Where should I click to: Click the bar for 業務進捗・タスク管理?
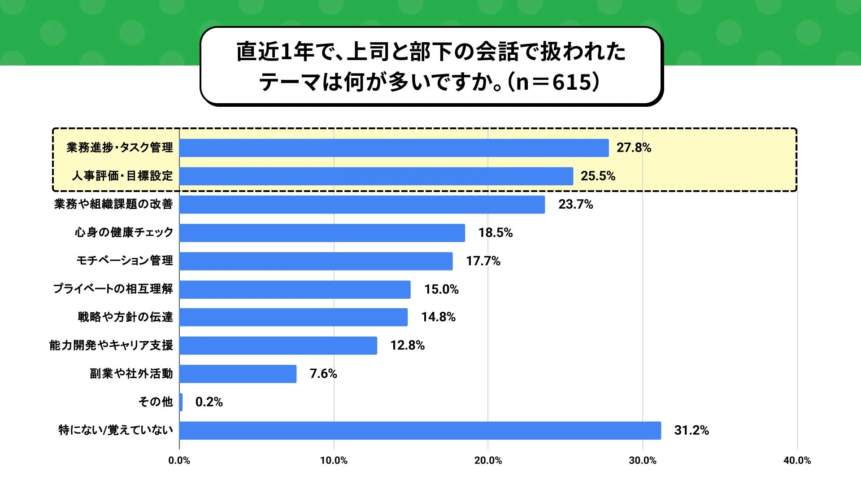pos(394,148)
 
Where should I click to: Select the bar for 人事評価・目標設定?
pos(376,176)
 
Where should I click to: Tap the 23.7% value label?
pos(575,205)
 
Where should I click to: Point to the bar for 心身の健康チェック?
pos(322,233)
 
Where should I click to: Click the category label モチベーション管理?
pos(125,261)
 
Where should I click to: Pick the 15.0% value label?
pos(441,289)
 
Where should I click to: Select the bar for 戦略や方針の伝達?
pos(293,317)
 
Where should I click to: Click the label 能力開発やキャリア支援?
pos(111,345)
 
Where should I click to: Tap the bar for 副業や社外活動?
pos(238,374)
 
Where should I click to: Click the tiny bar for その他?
pos(181,402)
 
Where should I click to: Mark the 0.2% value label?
pos(209,402)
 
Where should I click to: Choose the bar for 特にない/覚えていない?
pos(420,430)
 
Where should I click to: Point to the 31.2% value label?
pos(691,430)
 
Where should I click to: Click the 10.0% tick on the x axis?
pos(334,460)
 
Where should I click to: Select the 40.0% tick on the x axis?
pos(797,460)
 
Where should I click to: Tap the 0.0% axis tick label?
pos(179,460)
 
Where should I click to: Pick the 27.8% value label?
pos(634,148)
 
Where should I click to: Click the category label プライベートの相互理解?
pos(113,289)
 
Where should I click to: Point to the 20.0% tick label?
pos(488,460)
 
